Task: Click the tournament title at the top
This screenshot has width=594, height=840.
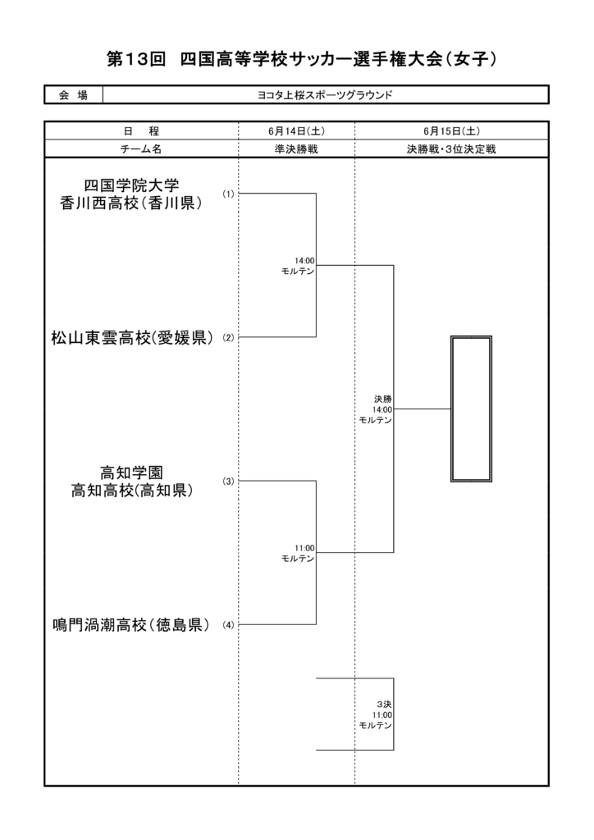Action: [x=302, y=59]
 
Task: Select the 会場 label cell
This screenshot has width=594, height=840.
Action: [x=73, y=95]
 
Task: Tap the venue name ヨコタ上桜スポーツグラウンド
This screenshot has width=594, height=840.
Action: [x=325, y=95]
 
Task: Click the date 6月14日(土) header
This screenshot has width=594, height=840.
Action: [x=296, y=130]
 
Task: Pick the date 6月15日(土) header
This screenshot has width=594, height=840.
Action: [x=451, y=130]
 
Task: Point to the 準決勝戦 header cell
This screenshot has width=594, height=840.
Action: [x=296, y=149]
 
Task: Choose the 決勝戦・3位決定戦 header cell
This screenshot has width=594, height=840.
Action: [x=451, y=149]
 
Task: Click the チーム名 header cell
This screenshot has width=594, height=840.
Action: [x=141, y=149]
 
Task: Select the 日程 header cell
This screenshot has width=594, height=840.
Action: [x=141, y=130]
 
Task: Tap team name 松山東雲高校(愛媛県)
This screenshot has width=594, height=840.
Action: [x=132, y=338]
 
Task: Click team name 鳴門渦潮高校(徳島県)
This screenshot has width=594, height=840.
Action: [x=131, y=624]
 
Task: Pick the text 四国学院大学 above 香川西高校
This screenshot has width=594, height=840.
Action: [x=131, y=186]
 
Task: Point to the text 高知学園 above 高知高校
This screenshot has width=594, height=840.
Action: [x=131, y=472]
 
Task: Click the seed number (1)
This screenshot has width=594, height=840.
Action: [x=229, y=194]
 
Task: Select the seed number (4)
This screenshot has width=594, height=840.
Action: [x=229, y=624]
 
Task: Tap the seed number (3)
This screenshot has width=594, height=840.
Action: [x=229, y=481]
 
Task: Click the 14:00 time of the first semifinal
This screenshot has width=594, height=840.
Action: [x=304, y=261]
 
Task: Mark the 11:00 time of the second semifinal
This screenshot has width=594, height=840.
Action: [x=304, y=548]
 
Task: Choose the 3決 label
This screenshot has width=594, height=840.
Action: [x=384, y=705]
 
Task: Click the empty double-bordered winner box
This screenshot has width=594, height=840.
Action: [x=451, y=409]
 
